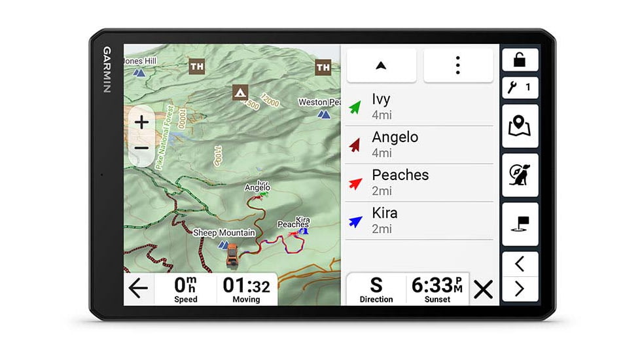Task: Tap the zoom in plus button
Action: tap(142, 122)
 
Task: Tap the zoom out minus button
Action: tap(142, 148)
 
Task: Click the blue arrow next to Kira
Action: tap(355, 221)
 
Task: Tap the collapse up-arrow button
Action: tap(381, 65)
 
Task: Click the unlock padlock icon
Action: tap(520, 60)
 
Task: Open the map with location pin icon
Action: tap(520, 126)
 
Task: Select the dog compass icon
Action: tap(520, 175)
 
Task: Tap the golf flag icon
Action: tap(520, 224)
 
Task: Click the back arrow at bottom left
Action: tap(138, 289)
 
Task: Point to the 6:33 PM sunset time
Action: tap(437, 286)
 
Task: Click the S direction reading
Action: tap(376, 286)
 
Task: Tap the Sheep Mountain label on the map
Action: tap(224, 233)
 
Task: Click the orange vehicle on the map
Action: tap(232, 255)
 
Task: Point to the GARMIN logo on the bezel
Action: tap(107, 69)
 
